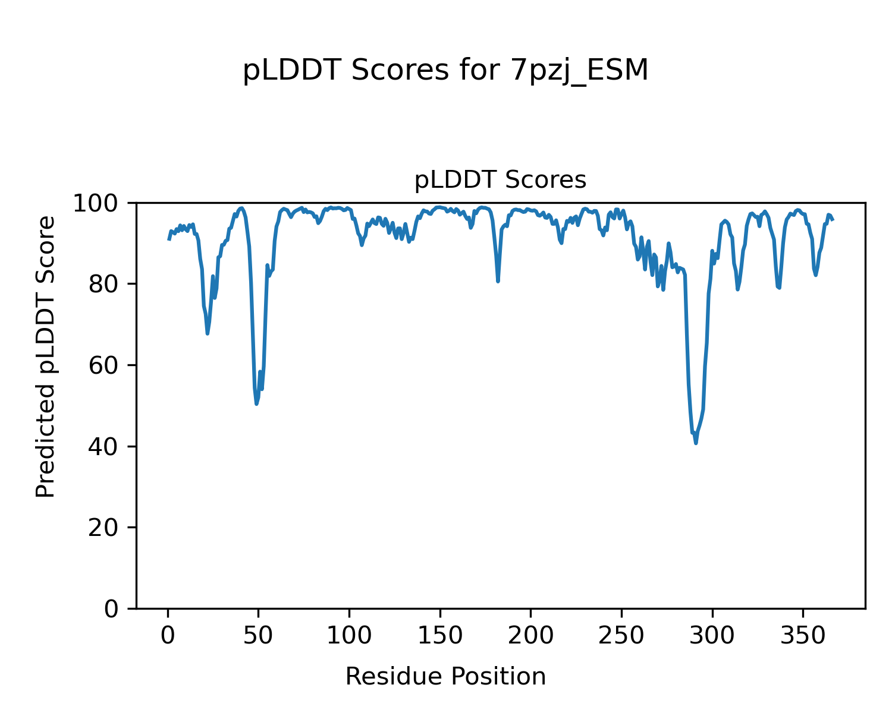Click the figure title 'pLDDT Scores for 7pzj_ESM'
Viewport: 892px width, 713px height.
[445, 71]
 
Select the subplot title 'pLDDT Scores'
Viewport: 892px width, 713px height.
[500, 180]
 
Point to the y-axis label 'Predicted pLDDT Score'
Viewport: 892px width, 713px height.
[46, 356]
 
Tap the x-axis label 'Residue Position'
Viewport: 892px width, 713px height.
[445, 677]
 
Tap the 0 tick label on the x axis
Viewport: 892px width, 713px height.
[168, 636]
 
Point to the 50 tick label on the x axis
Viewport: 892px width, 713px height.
[259, 636]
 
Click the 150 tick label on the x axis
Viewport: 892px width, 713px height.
[440, 636]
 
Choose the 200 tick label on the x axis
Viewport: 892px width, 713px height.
[530, 636]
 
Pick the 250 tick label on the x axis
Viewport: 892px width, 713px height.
[621, 636]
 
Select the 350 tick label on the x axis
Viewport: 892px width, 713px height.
[803, 636]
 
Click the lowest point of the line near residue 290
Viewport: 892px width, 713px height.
[696, 443]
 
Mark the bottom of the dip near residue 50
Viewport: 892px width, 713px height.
[256, 403]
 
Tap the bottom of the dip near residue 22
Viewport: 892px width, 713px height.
[208, 333]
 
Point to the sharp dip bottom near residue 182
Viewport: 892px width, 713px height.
[498, 281]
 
